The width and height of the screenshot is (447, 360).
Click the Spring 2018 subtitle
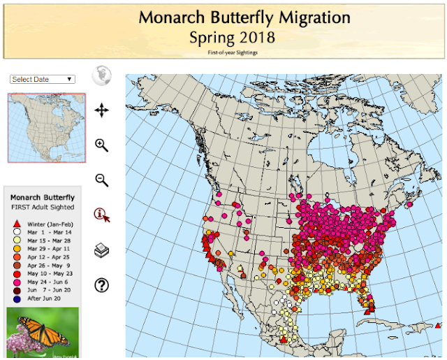coord(233,36)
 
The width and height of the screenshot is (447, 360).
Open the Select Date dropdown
coord(43,79)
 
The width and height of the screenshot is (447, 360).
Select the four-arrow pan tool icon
coord(102,110)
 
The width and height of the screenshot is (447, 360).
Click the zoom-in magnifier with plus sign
coord(102,145)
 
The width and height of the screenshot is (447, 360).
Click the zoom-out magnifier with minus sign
coord(102,180)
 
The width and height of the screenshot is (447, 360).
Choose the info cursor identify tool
coord(102,215)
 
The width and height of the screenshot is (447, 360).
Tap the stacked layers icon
coord(102,250)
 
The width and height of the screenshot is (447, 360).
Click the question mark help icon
coord(102,285)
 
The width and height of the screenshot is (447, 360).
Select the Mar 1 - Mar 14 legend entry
coord(47,231)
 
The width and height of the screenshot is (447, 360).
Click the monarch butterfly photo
coord(43,334)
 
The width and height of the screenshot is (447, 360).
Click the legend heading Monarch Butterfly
coord(43,198)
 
